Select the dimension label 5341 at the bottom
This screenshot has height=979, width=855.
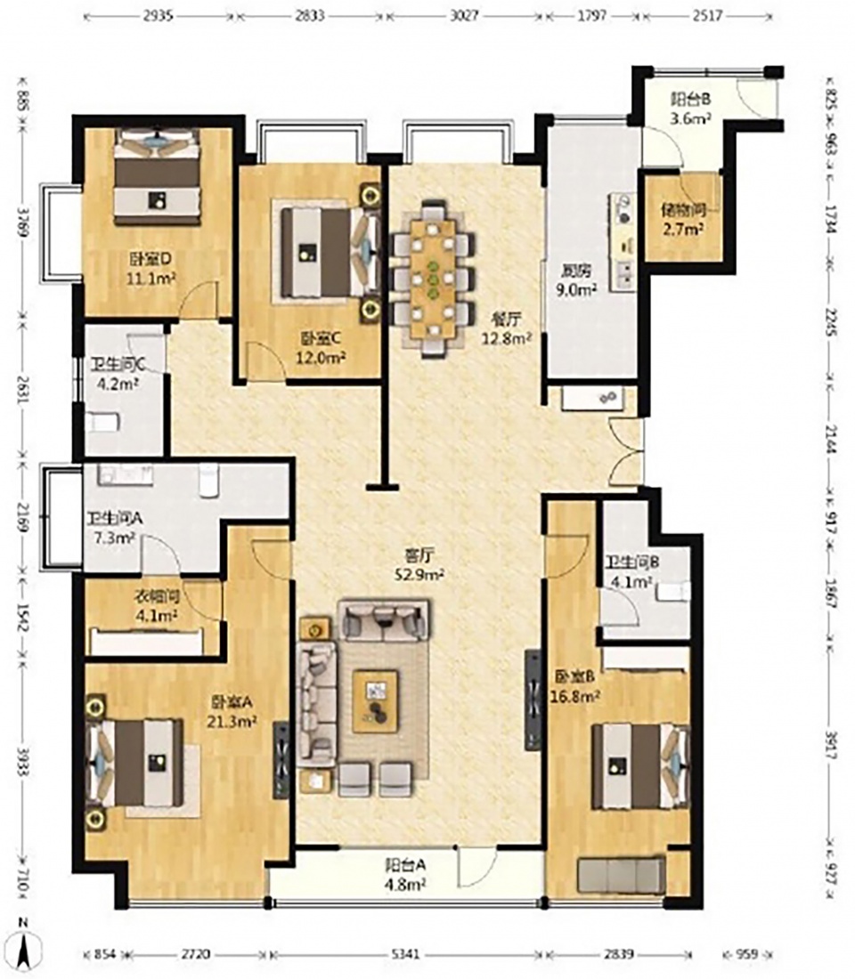click(405, 955)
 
